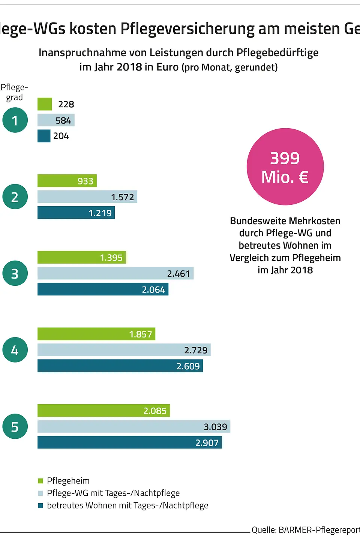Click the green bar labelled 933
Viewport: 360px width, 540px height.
67,181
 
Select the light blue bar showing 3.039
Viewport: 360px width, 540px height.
133,426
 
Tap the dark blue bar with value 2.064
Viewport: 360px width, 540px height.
103,289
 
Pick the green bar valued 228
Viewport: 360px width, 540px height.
45,104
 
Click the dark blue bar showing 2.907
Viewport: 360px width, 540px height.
129,442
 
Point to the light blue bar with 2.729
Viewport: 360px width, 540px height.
124,350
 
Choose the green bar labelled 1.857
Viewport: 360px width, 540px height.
96,334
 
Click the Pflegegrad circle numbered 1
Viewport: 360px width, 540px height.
15,120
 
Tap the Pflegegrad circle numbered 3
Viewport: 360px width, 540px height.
15,273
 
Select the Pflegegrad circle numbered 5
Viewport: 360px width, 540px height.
15,426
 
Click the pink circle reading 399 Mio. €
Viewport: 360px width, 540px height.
285,167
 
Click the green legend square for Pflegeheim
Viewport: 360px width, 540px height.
40,481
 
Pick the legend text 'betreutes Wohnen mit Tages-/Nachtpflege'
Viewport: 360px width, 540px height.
127,505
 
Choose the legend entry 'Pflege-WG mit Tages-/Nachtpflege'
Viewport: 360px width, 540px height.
113,493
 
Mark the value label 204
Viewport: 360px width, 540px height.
61,136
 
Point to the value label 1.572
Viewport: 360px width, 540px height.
122,197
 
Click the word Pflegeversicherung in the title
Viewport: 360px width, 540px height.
187,28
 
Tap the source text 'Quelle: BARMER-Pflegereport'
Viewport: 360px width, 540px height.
305,530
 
